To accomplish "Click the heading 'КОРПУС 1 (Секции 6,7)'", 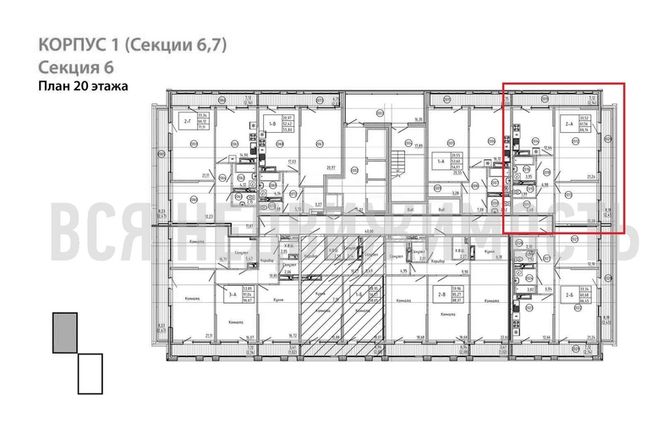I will click(134, 44).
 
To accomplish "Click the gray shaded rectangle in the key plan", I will click(64, 332).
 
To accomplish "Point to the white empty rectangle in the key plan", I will click(90, 373).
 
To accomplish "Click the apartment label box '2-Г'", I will click(187, 122).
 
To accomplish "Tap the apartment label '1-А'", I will click(440, 160).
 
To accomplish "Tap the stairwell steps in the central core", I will click(395, 160).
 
